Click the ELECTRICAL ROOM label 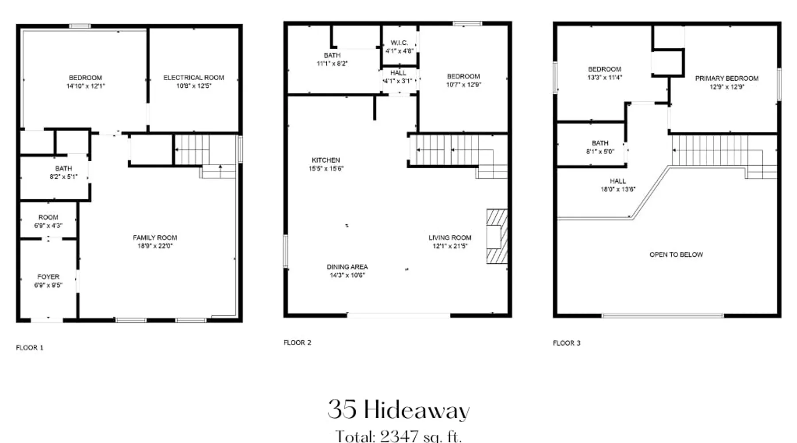pyautogui.click(x=193, y=78)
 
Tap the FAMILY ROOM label pyautogui.click(x=155, y=237)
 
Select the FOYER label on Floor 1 pyautogui.click(x=48, y=276)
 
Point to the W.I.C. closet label pyautogui.click(x=399, y=43)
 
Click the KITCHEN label pyautogui.click(x=326, y=160)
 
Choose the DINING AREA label pyautogui.click(x=347, y=267)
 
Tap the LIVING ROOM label pyautogui.click(x=450, y=237)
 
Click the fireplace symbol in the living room pyautogui.click(x=497, y=236)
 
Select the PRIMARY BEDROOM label pyautogui.click(x=727, y=78)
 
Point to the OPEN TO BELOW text pyautogui.click(x=676, y=255)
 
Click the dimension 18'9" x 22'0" pyautogui.click(x=155, y=246)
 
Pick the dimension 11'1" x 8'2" pyautogui.click(x=332, y=63)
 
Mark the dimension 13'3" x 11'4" pyautogui.click(x=605, y=78)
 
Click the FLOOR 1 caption pyautogui.click(x=30, y=348)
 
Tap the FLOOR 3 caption pyautogui.click(x=567, y=343)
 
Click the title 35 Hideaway pyautogui.click(x=398, y=410)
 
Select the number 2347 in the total pyautogui.click(x=399, y=436)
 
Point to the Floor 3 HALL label pyautogui.click(x=618, y=181)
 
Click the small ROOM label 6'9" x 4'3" pyautogui.click(x=48, y=218)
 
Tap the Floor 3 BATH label pyautogui.click(x=600, y=143)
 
